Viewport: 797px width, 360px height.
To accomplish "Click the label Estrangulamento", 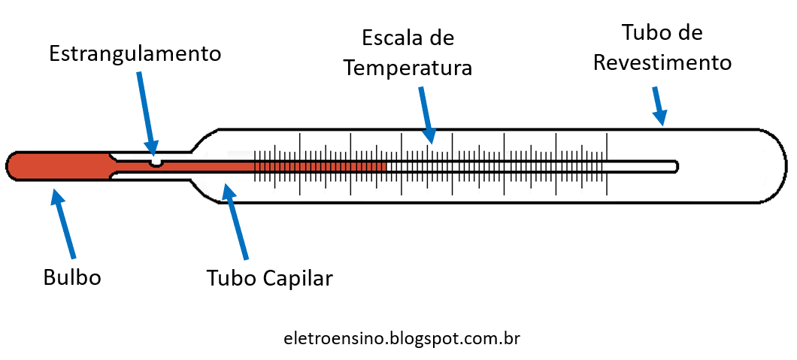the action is pyautogui.click(x=135, y=54).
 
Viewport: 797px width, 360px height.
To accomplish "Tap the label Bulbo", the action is pyautogui.click(x=72, y=277).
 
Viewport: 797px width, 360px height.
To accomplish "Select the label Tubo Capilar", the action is pyautogui.click(x=269, y=278).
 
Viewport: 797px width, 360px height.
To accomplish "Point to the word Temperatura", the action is pyautogui.click(x=408, y=68).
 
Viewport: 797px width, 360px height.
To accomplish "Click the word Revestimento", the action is pyautogui.click(x=662, y=62).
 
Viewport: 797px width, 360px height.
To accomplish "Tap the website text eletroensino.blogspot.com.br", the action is pyautogui.click(x=402, y=338).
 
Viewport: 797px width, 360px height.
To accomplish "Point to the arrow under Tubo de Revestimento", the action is pyautogui.click(x=659, y=106).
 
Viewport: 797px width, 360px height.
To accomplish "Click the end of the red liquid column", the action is pyautogui.click(x=386, y=166).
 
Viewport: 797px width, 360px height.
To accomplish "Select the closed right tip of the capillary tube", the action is pyautogui.click(x=677, y=166).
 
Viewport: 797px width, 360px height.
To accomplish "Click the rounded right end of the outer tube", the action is pyautogui.click(x=782, y=166).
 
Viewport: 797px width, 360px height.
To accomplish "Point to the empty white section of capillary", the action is pyautogui.click(x=526, y=166).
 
